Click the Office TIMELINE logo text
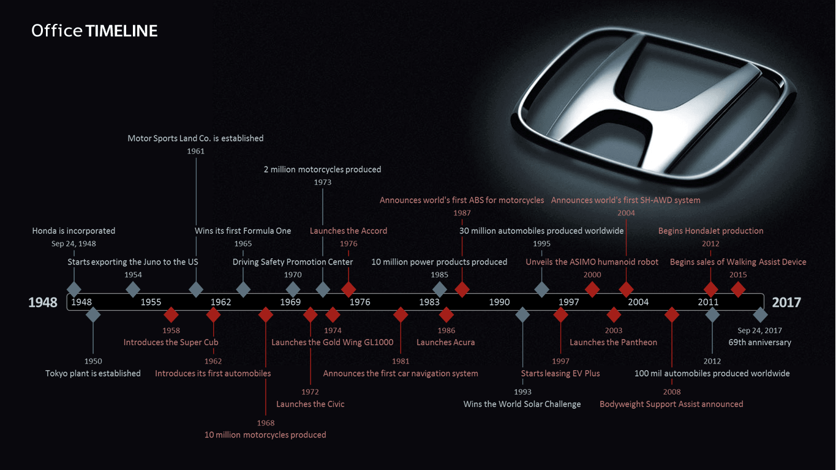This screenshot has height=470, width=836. [x=94, y=31]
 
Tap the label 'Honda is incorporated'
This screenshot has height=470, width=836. [x=73, y=231]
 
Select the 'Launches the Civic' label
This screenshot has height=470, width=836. [x=310, y=404]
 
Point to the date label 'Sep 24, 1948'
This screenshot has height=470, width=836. [x=73, y=244]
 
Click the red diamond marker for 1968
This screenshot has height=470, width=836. [x=266, y=315]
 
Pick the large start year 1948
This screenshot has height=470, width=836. [x=43, y=302]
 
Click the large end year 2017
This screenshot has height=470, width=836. [x=786, y=302]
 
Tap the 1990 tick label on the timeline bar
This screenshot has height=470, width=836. [x=499, y=302]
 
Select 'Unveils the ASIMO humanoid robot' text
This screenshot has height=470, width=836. [x=592, y=262]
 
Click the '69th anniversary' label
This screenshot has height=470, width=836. [x=759, y=342]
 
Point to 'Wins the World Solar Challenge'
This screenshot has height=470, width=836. [x=522, y=404]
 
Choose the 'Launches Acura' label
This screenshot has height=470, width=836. [x=445, y=342]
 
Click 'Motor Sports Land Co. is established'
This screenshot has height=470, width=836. [x=195, y=138]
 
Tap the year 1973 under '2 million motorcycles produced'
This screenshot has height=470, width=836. [x=323, y=182]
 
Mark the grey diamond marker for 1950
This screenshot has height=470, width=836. [x=93, y=315]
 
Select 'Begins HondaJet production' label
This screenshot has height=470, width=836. [x=710, y=231]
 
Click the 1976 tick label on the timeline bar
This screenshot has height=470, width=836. [x=360, y=302]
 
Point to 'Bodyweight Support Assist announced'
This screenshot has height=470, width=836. [x=671, y=404]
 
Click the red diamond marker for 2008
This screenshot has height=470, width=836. [x=672, y=315]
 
